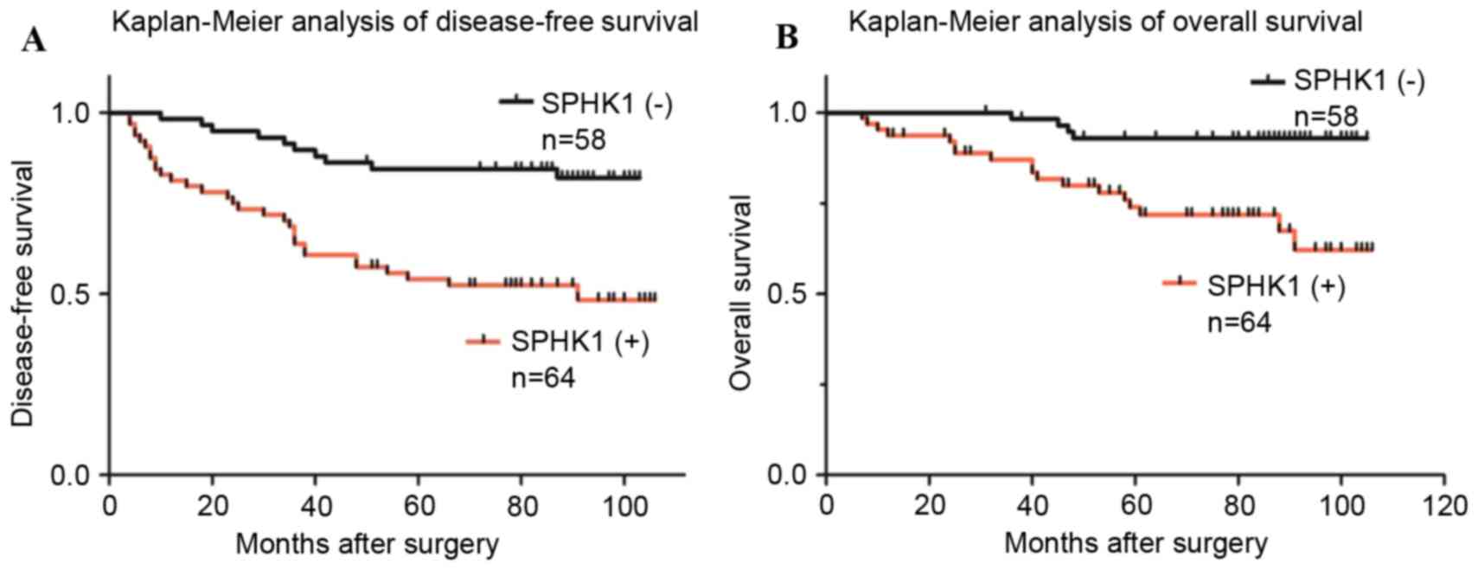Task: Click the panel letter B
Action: [x=787, y=38]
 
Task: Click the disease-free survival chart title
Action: [x=405, y=20]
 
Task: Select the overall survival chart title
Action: [x=1105, y=20]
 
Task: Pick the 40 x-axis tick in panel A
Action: [x=315, y=504]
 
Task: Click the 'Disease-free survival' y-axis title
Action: [x=23, y=294]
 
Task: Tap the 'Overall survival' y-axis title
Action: [x=741, y=294]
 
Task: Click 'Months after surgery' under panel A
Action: [x=367, y=544]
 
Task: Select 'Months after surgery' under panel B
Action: [x=1136, y=544]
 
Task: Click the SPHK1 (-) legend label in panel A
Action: [x=606, y=104]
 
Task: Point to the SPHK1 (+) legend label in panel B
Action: [x=1276, y=285]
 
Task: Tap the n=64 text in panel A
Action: [x=542, y=379]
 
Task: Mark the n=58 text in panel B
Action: [x=1326, y=117]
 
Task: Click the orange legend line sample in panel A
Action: [x=483, y=341]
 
